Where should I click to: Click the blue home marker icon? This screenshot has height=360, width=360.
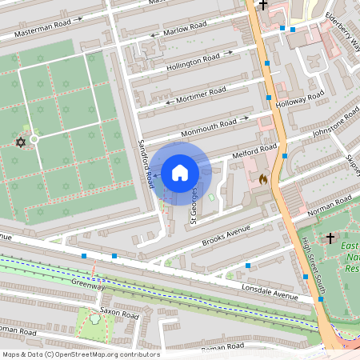click(x=179, y=172)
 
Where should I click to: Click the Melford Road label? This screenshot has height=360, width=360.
click(x=254, y=152)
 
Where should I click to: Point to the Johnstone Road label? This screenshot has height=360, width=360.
click(x=335, y=122)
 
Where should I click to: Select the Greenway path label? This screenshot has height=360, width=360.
click(x=88, y=285)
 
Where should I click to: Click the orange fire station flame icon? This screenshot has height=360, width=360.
click(x=263, y=180)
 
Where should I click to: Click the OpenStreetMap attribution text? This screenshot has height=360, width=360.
click(x=80, y=354)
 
